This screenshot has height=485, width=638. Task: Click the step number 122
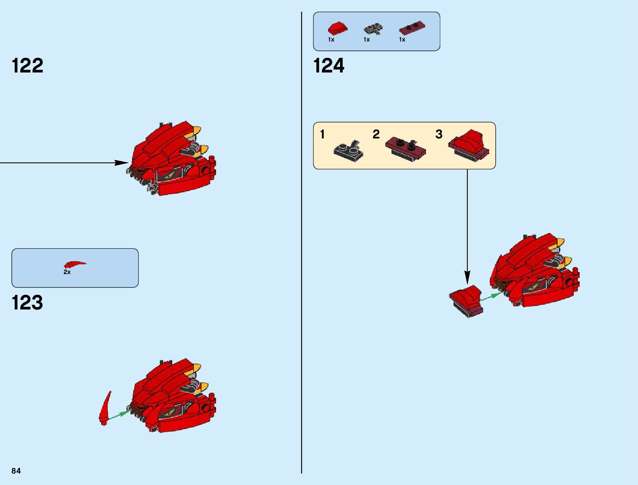click(28, 66)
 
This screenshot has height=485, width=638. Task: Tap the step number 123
click(27, 303)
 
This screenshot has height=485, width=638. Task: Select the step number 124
click(329, 66)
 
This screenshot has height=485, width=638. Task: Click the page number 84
click(16, 471)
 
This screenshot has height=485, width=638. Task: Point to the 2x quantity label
click(67, 272)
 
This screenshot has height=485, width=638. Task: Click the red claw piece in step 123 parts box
click(75, 264)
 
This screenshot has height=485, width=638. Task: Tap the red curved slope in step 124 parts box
click(338, 29)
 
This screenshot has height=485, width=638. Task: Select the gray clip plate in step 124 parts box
click(373, 29)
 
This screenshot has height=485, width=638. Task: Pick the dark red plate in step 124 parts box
click(412, 27)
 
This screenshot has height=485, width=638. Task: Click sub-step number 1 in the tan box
click(322, 134)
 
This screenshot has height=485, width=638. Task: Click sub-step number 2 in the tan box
click(376, 134)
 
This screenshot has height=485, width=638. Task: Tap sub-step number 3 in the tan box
click(439, 134)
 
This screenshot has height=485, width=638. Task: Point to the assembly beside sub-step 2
click(405, 149)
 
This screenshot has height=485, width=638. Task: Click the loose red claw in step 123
click(105, 408)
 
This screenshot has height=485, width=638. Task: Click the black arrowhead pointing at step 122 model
click(121, 163)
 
